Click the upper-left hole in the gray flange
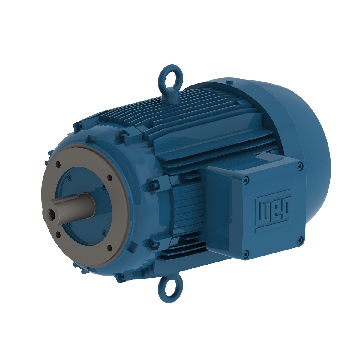[58, 165]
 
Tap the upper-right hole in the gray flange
[109, 178]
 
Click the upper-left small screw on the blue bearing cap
[70, 177]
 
